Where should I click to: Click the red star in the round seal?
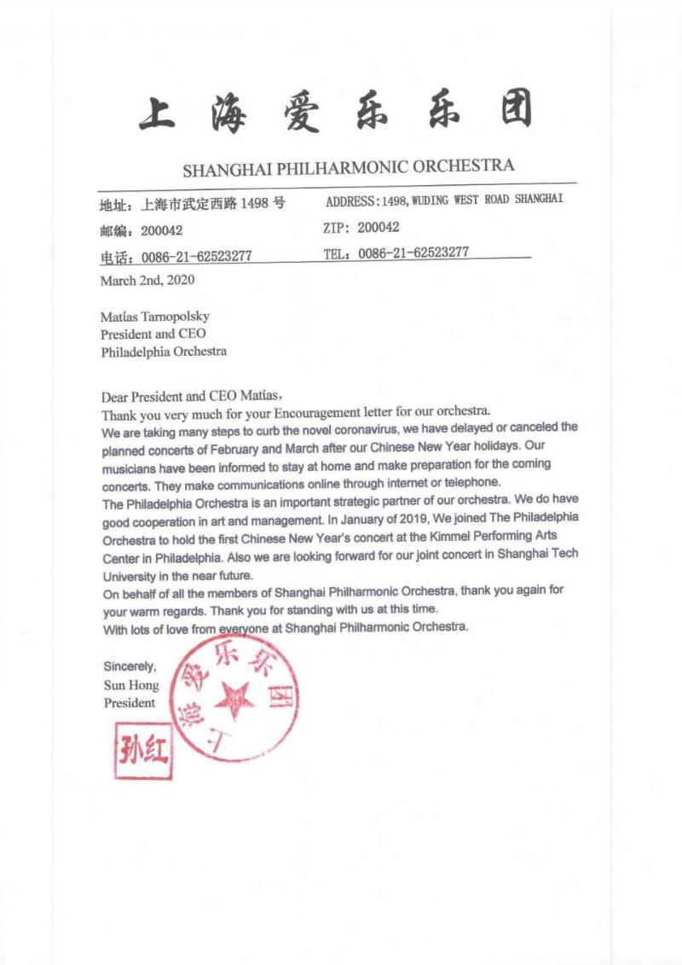[234, 700]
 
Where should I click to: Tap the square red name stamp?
[143, 750]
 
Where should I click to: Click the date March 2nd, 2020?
[147, 280]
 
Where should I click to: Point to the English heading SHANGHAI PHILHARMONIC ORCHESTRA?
[348, 166]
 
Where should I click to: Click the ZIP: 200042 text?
[361, 228]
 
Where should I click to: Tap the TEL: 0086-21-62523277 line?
[396, 253]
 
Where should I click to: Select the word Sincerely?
[130, 666]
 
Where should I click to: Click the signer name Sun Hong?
[131, 685]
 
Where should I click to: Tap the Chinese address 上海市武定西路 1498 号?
[213, 204]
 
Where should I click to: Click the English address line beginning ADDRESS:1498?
[444, 201]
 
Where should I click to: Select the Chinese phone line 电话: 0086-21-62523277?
[175, 256]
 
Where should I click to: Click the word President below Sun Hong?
[130, 703]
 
